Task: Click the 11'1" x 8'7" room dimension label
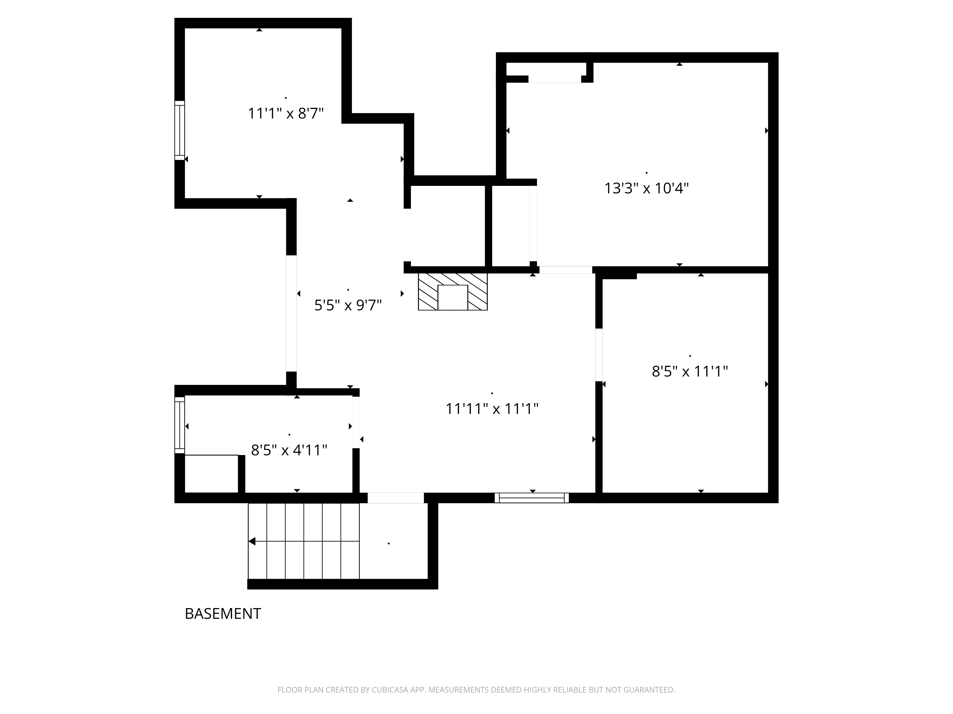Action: point(286,114)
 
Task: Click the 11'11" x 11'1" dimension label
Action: point(492,408)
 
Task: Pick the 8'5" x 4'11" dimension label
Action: point(289,450)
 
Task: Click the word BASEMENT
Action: point(223,614)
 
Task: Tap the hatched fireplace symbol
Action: point(452,291)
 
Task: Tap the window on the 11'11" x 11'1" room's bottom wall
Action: point(532,498)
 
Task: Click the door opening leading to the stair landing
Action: point(395,498)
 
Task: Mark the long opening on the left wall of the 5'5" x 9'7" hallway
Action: point(291,313)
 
